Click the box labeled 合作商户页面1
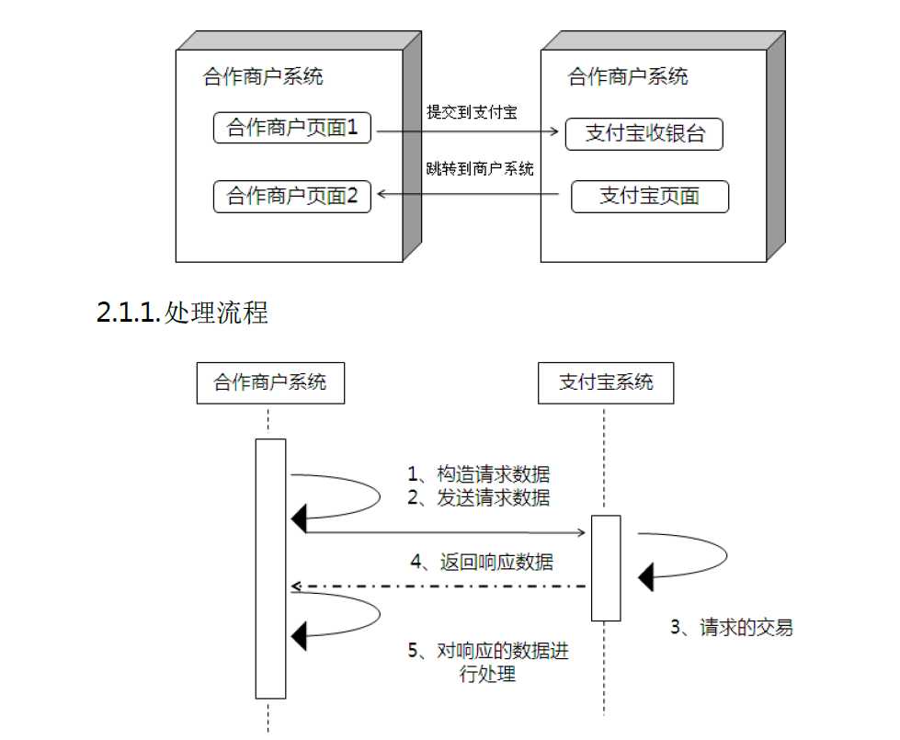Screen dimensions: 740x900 (x=291, y=128)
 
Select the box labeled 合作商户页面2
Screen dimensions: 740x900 (x=291, y=196)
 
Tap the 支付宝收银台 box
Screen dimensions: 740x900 (x=644, y=134)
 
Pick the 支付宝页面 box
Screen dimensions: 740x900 (x=649, y=196)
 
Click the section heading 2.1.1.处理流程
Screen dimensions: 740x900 (x=182, y=313)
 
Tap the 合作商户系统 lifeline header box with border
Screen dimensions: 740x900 (x=270, y=382)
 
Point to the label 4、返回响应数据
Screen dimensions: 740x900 (x=481, y=560)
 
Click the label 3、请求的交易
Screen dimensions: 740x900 (x=731, y=628)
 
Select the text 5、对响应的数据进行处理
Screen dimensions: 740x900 (x=480, y=662)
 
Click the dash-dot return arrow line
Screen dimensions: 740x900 (x=441, y=586)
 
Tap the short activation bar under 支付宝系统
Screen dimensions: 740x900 (x=605, y=567)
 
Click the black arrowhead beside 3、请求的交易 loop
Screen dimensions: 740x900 (x=646, y=578)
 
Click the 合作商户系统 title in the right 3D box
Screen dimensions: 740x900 (x=628, y=76)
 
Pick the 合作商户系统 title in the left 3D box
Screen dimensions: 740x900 (x=263, y=76)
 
